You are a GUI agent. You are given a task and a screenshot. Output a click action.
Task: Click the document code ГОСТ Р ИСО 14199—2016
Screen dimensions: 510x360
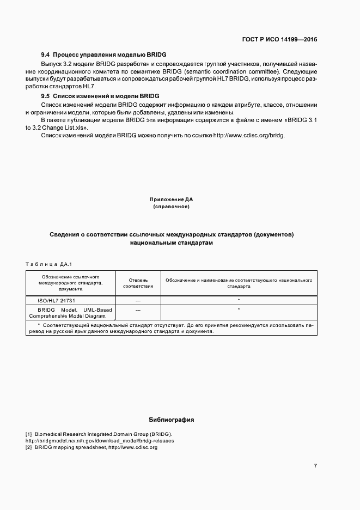[279, 40]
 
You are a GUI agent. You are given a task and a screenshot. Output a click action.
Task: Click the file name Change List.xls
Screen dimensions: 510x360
[63, 127]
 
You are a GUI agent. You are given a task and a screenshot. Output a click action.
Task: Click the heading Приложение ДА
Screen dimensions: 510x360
[171, 200]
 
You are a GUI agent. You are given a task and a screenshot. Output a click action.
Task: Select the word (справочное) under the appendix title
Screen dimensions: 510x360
[171, 207]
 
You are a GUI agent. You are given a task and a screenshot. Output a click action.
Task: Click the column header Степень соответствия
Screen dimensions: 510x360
[138, 282]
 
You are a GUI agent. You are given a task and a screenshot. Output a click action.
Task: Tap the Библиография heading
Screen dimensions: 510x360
[171, 420]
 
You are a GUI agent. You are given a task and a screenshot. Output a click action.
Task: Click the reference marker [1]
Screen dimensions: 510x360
[29, 434]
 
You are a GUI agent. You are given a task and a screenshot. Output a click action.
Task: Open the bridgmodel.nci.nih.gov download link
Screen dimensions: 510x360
[99, 441]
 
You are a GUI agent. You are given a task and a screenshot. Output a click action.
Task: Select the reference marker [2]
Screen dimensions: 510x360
[29, 447]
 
